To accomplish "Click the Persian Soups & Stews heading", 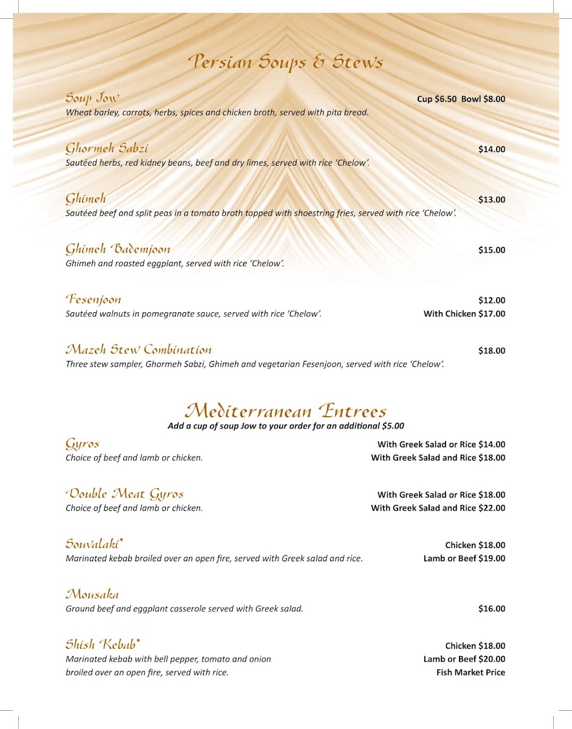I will (x=286, y=63).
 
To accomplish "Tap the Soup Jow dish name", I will (x=92, y=98).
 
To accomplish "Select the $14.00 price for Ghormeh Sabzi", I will (x=491, y=149).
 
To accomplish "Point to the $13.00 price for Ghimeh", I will (x=491, y=200).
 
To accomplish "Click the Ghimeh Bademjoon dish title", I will (x=118, y=249).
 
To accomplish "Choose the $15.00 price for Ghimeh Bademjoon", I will (x=491, y=250).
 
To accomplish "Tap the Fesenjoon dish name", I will (x=94, y=299).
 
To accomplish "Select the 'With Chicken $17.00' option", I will (x=464, y=314).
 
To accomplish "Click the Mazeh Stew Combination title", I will (x=139, y=350).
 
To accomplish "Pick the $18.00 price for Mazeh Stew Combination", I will (x=491, y=351).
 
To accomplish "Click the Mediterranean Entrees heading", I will (x=286, y=411).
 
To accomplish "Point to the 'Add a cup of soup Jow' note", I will (x=286, y=426).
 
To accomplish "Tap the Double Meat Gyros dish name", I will (x=125, y=494).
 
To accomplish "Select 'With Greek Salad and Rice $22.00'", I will (x=438, y=508).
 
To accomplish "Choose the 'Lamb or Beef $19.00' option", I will (x=464, y=559).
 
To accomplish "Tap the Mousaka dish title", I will (x=92, y=594).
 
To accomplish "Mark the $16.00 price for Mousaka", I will (x=491, y=609).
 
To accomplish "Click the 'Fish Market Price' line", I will (x=470, y=673).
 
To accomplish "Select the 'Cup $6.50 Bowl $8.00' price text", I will (x=461, y=99).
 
